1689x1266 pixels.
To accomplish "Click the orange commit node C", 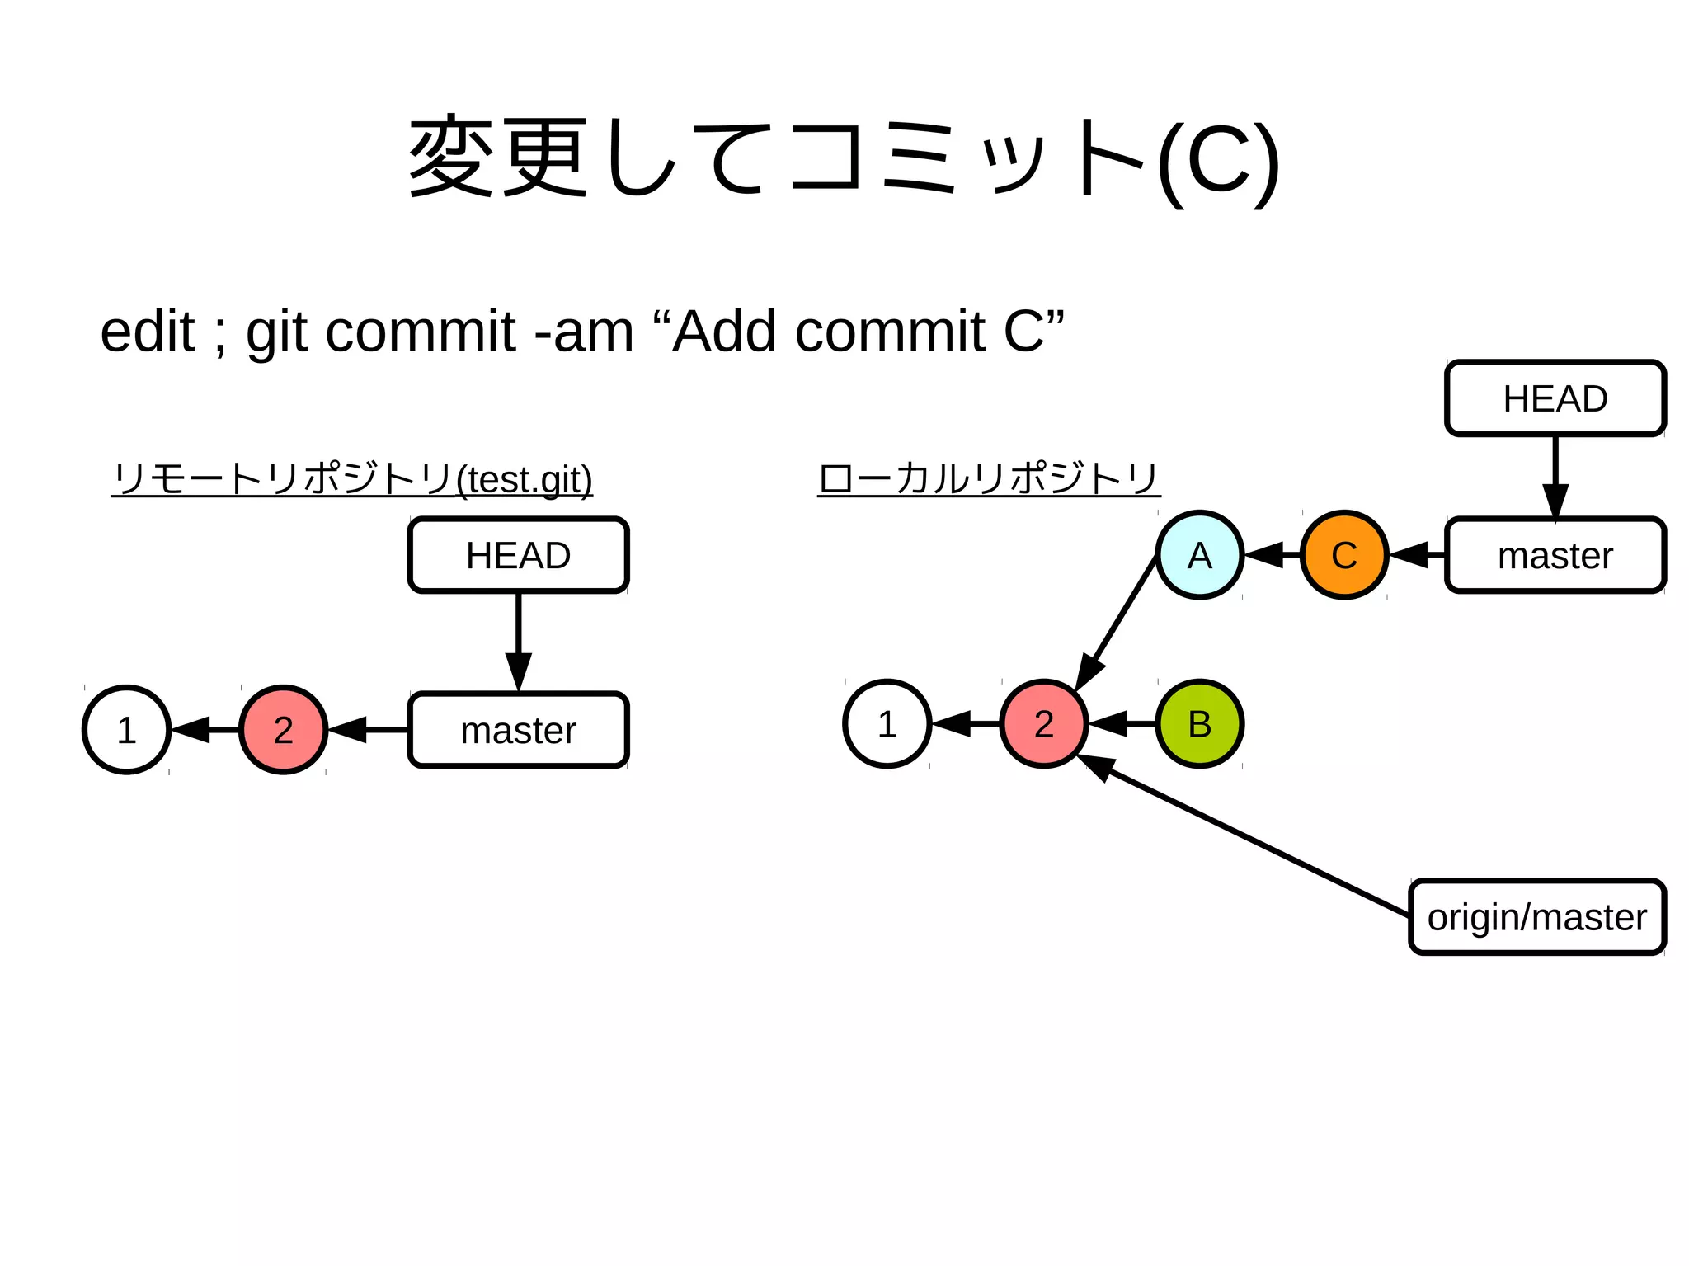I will [1343, 555].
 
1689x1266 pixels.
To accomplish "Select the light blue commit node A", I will [1199, 555].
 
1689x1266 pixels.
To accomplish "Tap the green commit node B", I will [1199, 723].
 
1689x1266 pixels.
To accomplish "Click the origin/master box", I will [1536, 917].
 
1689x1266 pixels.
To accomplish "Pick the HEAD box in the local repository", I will [1555, 398].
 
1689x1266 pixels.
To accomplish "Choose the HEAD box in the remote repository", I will [518, 555].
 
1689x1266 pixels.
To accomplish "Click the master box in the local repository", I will [1555, 555].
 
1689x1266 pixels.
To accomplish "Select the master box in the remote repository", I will [518, 730].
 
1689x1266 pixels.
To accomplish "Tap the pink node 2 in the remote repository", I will [283, 730].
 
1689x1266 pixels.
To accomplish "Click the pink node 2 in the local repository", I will [1043, 723].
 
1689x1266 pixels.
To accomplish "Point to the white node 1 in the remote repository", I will [126, 730].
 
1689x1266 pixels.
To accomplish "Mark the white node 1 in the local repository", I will [887, 723].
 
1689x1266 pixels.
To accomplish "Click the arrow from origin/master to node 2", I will [1245, 836].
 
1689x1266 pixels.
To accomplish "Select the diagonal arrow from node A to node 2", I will [1117, 623].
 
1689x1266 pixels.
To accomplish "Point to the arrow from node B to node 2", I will [1122, 723].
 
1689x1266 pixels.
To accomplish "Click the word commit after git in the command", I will [421, 332].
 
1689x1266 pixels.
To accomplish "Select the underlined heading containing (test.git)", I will [352, 478].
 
